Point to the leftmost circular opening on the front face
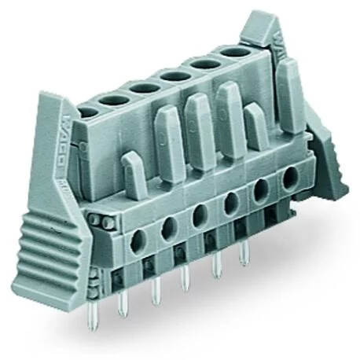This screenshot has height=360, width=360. pyautogui.click(x=138, y=244)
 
